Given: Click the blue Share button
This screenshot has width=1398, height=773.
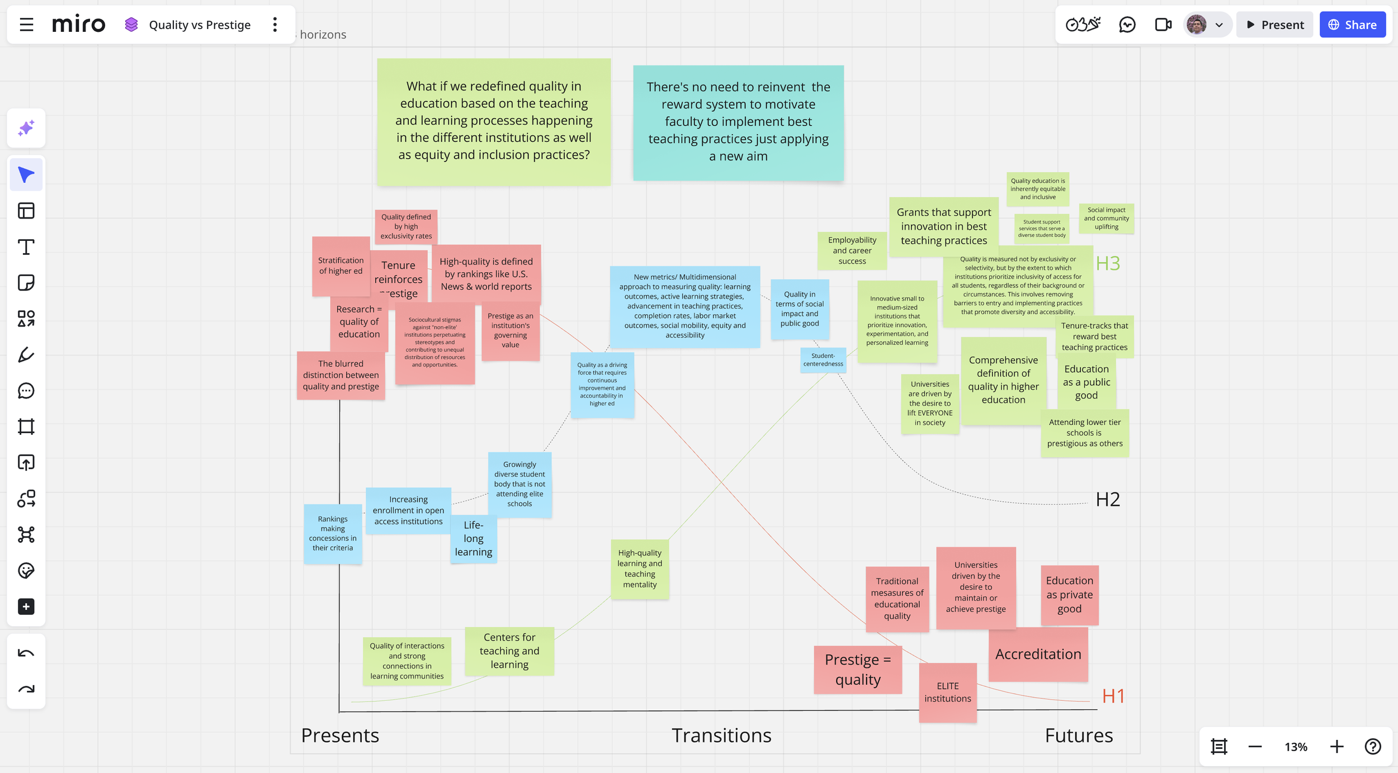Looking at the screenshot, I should (x=1352, y=25).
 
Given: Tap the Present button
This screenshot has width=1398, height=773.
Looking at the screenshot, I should (x=1274, y=25).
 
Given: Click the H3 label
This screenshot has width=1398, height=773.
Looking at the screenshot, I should (x=1107, y=263).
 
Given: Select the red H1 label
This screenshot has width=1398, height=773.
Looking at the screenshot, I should (x=1113, y=696).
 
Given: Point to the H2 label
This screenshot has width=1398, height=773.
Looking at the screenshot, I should (x=1107, y=499).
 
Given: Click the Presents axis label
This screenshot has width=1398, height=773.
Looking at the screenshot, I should (x=340, y=735).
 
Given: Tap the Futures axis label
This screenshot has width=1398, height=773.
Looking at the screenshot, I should (x=1079, y=735).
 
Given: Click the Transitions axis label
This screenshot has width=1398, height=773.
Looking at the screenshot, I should (x=721, y=735).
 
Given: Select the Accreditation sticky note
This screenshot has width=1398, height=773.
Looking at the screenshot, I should (x=1038, y=654).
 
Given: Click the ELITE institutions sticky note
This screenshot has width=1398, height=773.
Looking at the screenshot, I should (x=947, y=692).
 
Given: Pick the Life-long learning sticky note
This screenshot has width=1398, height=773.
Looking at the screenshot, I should (x=473, y=538).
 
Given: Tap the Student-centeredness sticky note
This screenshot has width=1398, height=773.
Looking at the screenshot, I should (x=823, y=359).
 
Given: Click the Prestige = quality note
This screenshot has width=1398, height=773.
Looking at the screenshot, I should (x=857, y=670).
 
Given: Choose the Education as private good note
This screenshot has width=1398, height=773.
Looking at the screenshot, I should (x=1069, y=595).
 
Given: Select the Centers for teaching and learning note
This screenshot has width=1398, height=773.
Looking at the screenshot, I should (x=509, y=651).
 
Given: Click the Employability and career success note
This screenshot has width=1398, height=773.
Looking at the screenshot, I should (x=852, y=250).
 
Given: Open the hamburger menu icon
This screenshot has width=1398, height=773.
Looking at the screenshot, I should (x=26, y=25).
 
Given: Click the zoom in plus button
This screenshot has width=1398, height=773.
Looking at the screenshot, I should (x=1336, y=746).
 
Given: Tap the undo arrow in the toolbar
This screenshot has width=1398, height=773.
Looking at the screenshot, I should (x=26, y=653).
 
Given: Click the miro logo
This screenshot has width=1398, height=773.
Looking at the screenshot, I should (x=78, y=25).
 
